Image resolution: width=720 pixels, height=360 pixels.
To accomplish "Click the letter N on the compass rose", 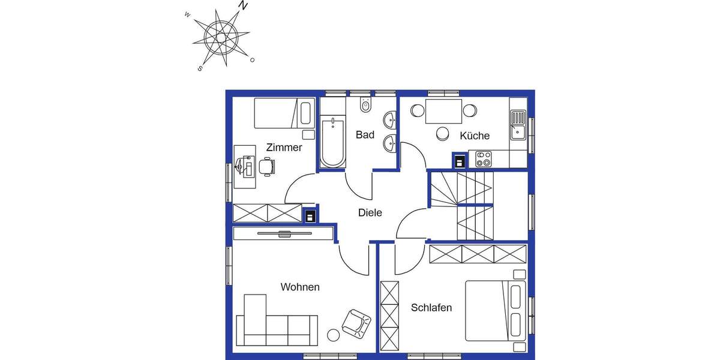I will [242, 5].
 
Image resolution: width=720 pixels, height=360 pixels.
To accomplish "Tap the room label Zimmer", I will [284, 148].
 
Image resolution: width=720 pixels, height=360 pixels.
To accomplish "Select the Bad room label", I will [365, 135].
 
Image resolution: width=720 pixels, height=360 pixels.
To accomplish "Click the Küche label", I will [475, 136].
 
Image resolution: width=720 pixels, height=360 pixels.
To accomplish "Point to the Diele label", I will [370, 212].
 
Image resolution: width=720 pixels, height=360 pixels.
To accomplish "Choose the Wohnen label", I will [300, 287].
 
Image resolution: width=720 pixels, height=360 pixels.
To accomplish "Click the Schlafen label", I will [431, 308].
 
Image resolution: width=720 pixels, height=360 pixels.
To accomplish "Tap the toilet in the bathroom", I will [365, 106].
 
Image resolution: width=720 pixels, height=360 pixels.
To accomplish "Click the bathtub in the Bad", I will [332, 143].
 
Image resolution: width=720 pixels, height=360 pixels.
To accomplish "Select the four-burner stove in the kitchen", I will [484, 159].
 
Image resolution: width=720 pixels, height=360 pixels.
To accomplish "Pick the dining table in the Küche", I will [443, 112].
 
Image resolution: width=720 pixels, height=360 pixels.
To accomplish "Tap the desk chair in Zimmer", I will [266, 166].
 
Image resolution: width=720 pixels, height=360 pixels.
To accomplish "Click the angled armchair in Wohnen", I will [356, 322].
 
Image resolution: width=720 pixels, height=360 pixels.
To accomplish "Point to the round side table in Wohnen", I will [333, 335].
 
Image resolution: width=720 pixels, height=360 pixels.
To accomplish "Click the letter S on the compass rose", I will [200, 68].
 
